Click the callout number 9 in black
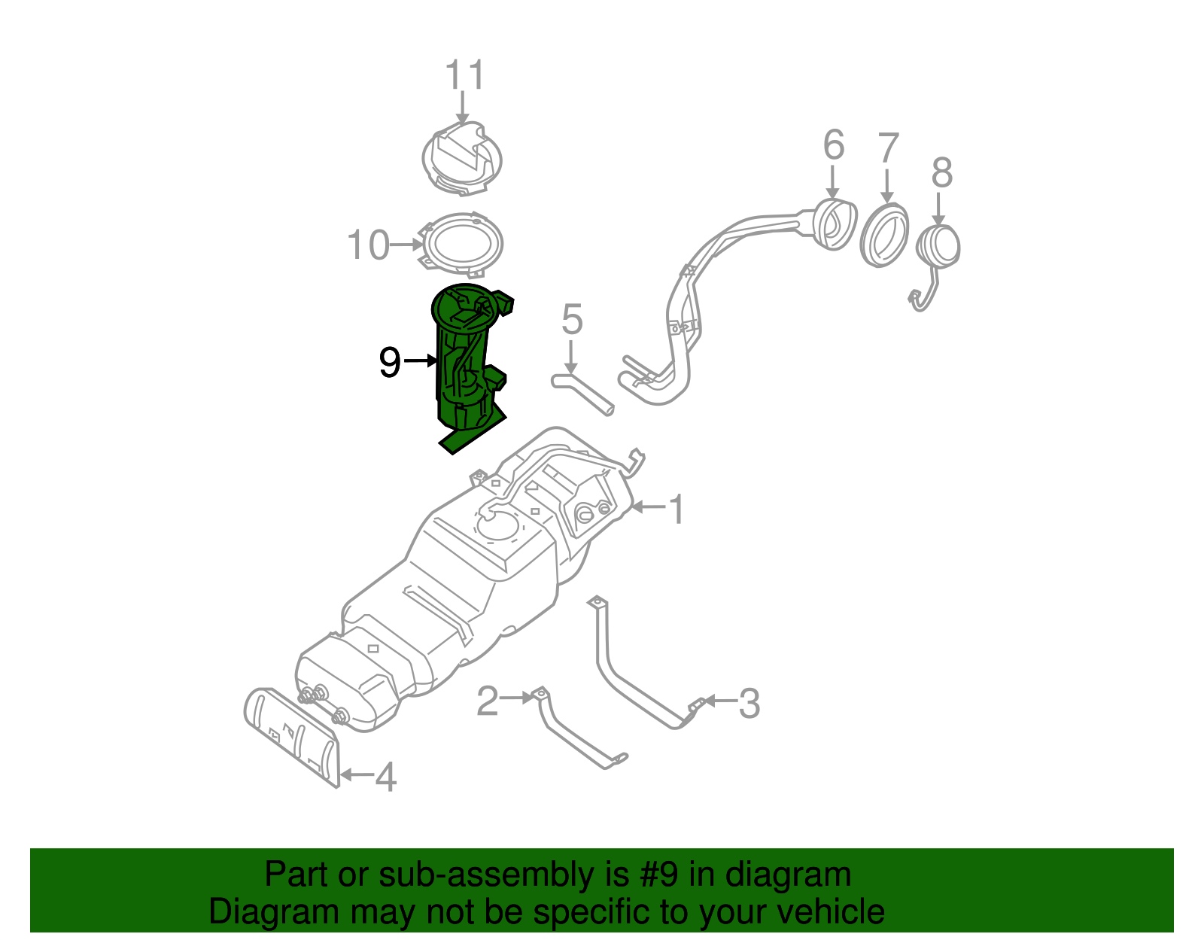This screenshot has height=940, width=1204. click(x=389, y=363)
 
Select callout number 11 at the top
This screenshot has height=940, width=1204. click(x=464, y=75)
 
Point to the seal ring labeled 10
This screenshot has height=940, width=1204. click(x=461, y=243)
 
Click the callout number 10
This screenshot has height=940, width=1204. click(x=368, y=245)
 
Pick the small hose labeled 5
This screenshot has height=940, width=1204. click(x=583, y=392)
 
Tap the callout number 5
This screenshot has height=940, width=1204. click(x=572, y=320)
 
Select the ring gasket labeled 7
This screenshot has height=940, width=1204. click(x=884, y=235)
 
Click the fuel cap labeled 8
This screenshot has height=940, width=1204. click(x=938, y=246)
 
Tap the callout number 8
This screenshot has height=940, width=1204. click(x=941, y=173)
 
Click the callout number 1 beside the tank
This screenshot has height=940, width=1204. click(x=676, y=510)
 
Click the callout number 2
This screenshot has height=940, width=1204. click(x=488, y=701)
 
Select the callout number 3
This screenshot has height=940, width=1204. click(x=749, y=704)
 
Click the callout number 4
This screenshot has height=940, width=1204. click(x=385, y=777)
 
